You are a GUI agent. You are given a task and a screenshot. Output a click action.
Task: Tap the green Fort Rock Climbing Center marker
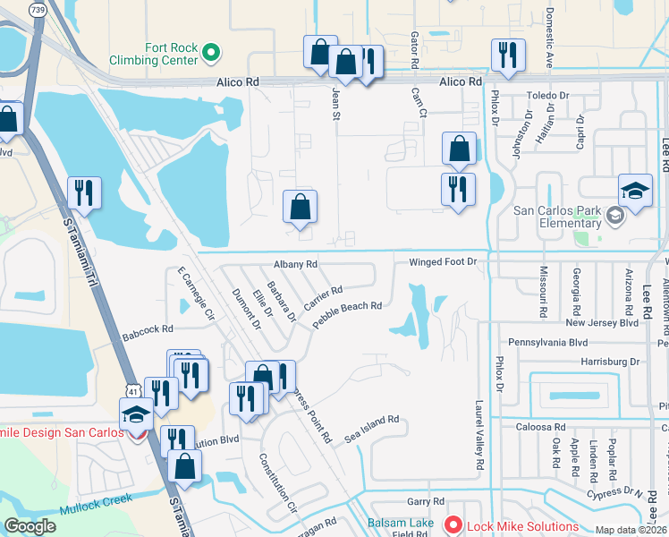click(x=211, y=54)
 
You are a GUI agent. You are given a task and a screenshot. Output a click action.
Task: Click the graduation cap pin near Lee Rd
click(x=635, y=192)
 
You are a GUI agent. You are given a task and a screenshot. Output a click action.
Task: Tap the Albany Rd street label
click(x=295, y=265)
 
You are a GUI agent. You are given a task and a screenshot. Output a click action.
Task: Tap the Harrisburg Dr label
click(x=611, y=362)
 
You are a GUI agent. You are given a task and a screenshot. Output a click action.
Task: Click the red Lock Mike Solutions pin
click(x=453, y=526)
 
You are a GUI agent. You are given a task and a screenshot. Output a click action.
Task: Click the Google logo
click(x=30, y=526)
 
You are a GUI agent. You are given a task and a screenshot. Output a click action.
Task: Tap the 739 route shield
click(x=38, y=9)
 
